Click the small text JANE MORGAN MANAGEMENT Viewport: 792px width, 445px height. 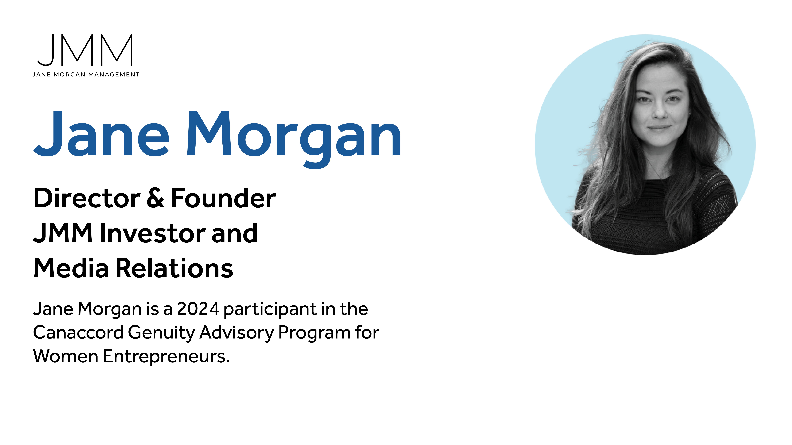[x=86, y=75]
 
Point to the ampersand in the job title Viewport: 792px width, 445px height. [x=155, y=198]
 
